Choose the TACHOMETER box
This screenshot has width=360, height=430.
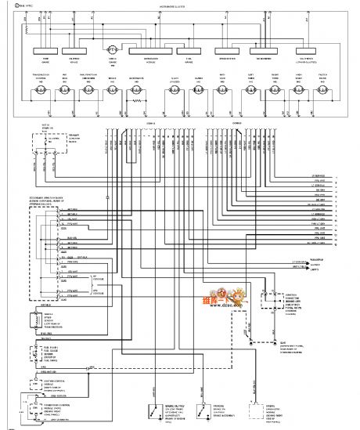coord(264,57)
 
